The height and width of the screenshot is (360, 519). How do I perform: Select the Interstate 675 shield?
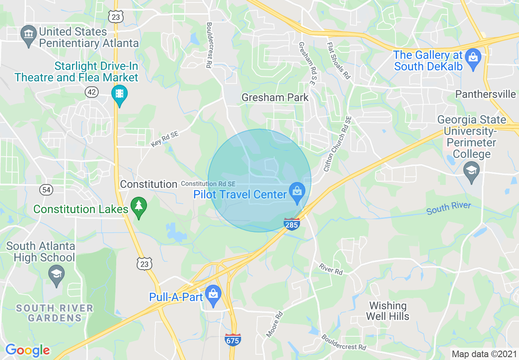click(233, 340)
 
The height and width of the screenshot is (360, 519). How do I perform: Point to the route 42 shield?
click(92, 92)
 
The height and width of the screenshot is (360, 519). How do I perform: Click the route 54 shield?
click(46, 189)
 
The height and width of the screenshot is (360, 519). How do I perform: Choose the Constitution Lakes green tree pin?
click(139, 207)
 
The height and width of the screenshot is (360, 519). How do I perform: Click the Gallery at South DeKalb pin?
click(473, 58)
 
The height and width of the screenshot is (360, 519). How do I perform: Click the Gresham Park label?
click(275, 98)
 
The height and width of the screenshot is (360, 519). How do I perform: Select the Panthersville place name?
click(485, 94)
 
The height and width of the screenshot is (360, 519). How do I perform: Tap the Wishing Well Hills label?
click(387, 311)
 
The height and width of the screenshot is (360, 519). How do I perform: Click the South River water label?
click(448, 208)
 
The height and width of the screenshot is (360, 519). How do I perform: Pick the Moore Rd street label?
click(274, 324)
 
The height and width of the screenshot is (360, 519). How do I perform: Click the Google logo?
click(27, 350)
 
